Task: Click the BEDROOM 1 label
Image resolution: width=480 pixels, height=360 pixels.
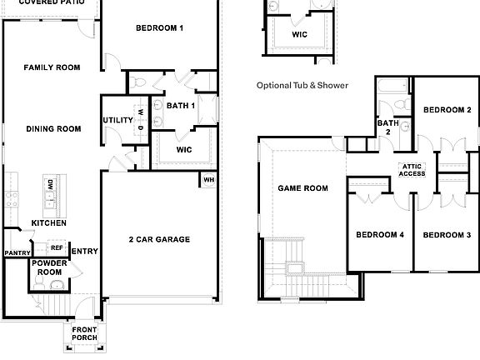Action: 159,29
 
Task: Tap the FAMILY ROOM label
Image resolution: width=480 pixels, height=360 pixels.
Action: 52,67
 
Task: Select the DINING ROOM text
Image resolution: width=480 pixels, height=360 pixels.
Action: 53,128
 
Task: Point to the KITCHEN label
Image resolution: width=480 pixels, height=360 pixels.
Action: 48,223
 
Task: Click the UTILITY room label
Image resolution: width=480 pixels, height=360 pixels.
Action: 117,120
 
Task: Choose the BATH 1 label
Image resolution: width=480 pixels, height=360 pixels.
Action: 181,106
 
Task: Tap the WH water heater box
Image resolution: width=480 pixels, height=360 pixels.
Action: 209,179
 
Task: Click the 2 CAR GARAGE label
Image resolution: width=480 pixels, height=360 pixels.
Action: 159,240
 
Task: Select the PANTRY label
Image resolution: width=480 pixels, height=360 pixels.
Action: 17,252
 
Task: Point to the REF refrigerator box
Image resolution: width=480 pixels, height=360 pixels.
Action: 57,247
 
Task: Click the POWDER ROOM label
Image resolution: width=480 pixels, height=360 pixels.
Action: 48,267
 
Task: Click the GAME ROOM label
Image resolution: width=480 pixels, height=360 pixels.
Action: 302,188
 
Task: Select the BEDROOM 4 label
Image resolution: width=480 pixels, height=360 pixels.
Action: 379,235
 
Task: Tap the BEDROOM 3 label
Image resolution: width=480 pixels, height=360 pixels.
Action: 447,235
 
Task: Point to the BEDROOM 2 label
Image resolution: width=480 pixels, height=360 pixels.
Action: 447,110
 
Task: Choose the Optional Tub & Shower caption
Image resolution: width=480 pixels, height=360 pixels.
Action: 302,85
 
